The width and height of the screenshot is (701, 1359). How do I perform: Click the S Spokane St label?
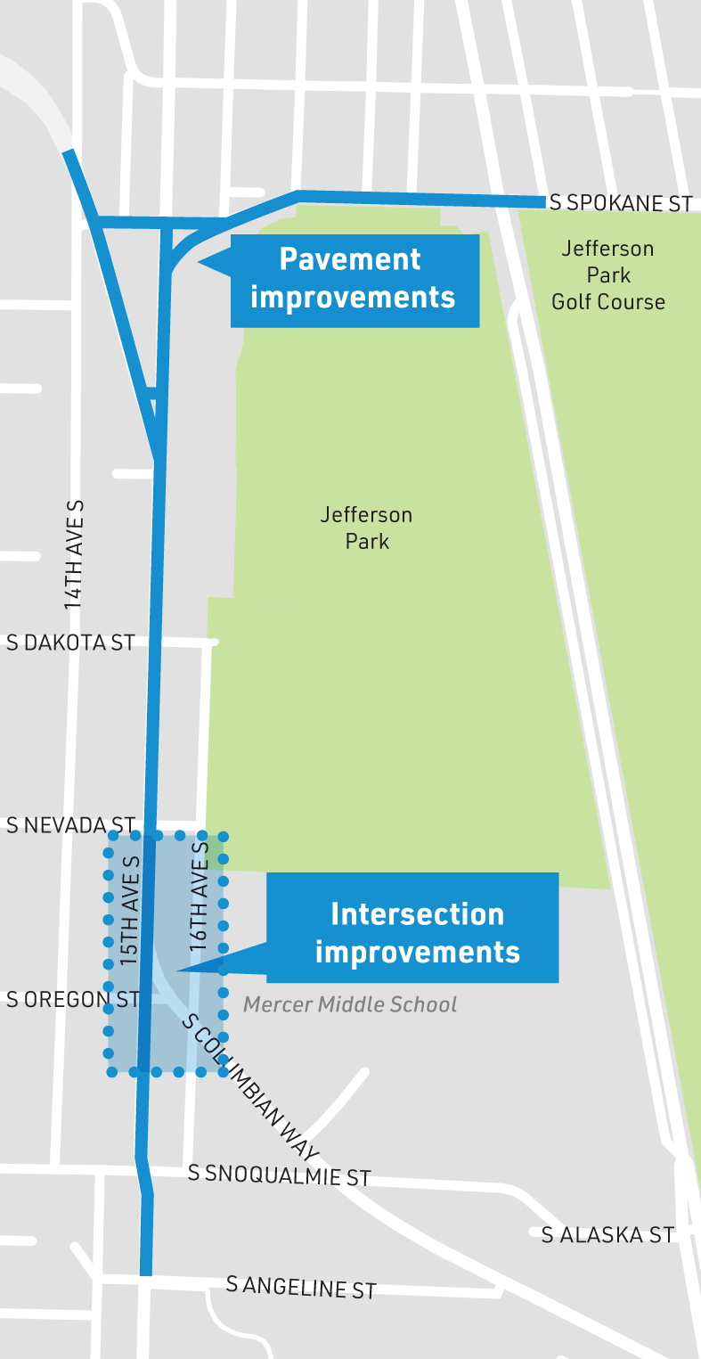click(x=620, y=203)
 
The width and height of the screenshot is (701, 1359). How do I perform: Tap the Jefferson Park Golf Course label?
click(x=608, y=275)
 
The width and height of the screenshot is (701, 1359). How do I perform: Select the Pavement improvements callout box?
click(x=354, y=278)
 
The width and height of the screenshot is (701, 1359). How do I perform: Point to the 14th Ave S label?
click(x=74, y=554)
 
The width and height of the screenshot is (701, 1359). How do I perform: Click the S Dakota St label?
click(x=70, y=643)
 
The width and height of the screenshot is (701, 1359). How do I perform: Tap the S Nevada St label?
click(x=70, y=825)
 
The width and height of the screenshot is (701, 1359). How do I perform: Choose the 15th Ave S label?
click(x=130, y=911)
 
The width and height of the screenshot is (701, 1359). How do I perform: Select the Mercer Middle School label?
click(x=350, y=1005)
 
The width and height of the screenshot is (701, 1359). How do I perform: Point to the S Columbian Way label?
click(x=250, y=1086)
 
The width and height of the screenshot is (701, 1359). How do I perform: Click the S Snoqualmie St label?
click(x=279, y=1175)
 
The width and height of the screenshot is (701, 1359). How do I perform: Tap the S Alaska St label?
click(x=607, y=1234)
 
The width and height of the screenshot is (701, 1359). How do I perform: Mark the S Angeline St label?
click(x=301, y=1287)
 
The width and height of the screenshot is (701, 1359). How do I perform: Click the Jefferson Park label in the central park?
click(x=367, y=528)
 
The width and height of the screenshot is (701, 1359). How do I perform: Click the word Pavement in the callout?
click(x=350, y=259)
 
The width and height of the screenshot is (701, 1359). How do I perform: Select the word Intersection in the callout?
click(x=417, y=914)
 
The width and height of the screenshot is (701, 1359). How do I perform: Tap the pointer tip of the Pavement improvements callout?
click(x=200, y=261)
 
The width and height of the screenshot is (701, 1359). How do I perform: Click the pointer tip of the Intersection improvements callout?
click(x=179, y=970)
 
